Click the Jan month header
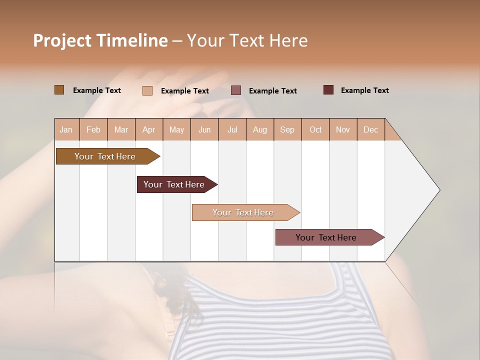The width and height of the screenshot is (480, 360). coord(66,129)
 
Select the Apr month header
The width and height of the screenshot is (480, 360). coord(149,129)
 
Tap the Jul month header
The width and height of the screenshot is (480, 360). coord(232,129)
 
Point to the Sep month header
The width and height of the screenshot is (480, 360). coord(287,129)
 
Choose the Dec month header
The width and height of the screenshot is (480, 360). coord(370,129)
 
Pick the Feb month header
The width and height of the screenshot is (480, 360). coord(93,129)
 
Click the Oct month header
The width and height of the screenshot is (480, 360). coord(315,129)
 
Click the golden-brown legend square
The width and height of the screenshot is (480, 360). coord(59,90)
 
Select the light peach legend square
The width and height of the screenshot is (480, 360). coord(147,90)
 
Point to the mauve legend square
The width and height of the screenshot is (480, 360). coord(236,90)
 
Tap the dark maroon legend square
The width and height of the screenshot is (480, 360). coord(328,90)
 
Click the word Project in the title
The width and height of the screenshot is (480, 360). coord(62,40)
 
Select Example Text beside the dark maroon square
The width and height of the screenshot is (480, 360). coord(364,90)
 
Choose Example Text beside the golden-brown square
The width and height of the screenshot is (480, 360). coord(97,90)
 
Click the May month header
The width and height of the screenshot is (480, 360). coord(176,129)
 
